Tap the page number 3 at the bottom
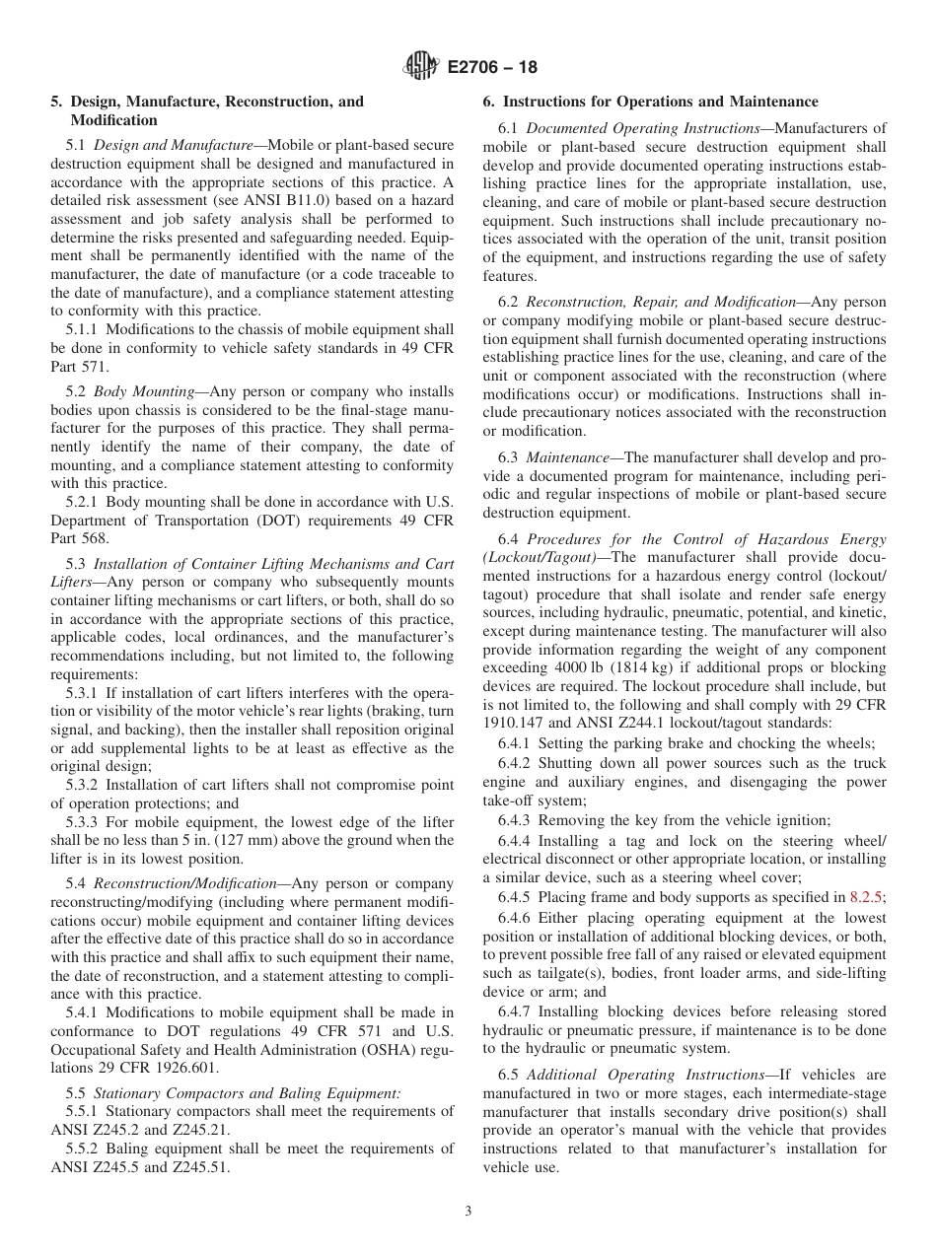468,1212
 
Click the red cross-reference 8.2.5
867,896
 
